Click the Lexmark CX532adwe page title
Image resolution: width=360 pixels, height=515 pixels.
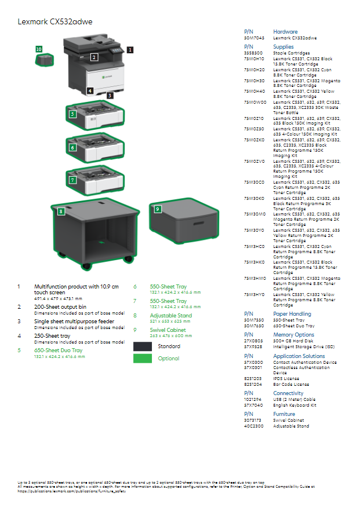(55, 22)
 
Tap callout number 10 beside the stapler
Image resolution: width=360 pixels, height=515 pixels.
(39, 50)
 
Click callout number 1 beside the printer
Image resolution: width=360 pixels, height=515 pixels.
(130, 50)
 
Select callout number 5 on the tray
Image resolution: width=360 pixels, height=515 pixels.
(72, 114)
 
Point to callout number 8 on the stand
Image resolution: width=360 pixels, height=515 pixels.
(61, 211)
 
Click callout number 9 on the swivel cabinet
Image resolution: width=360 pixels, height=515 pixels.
(157, 209)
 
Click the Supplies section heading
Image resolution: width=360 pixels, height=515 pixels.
(283, 47)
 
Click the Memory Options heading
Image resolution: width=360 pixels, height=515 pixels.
(293, 335)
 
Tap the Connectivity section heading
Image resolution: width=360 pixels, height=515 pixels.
(288, 393)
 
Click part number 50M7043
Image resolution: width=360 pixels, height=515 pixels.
(254, 38)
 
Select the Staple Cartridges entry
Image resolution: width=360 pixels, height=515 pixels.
(291, 53)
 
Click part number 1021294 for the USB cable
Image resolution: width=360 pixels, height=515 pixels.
(253, 400)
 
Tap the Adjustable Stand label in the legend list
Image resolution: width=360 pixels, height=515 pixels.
(170, 316)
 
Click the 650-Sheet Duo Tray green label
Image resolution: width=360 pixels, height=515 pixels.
(58, 350)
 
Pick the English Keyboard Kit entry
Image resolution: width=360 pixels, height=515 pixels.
(294, 406)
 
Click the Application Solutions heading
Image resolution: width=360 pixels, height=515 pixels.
(299, 356)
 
